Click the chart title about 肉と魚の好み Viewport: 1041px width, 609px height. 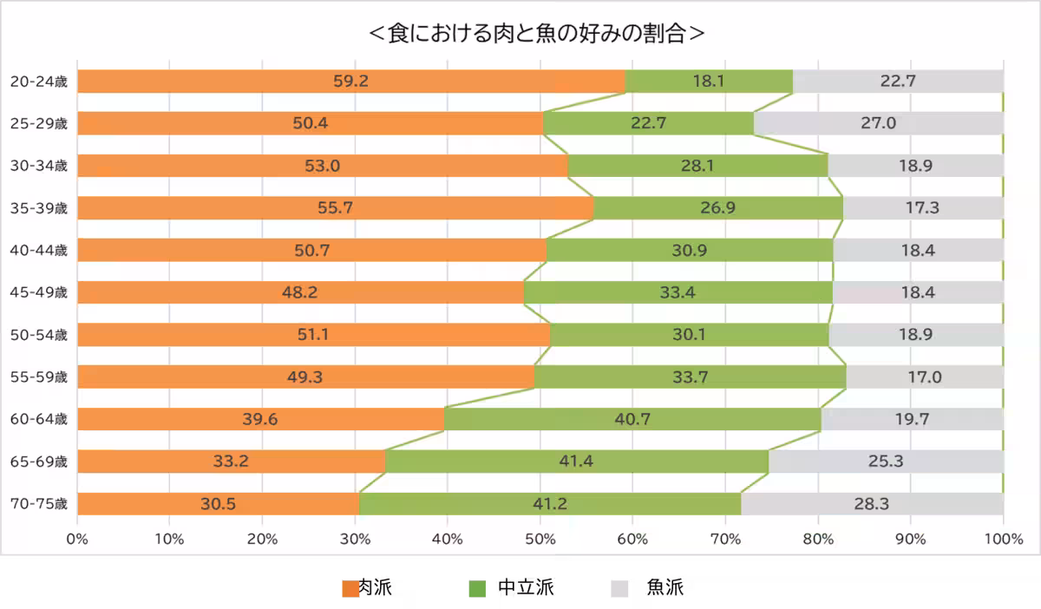[536, 34]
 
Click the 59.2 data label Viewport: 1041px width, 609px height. [351, 82]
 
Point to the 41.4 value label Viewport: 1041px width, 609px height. [576, 462]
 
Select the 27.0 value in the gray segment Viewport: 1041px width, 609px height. [878, 123]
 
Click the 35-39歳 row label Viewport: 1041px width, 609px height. [38, 208]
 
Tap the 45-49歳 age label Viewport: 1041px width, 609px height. [38, 292]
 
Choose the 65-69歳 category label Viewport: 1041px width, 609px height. [38, 462]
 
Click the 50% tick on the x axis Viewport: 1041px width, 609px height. [540, 540]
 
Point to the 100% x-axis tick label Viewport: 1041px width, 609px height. [1004, 540]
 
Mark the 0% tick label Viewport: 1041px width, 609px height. [77, 540]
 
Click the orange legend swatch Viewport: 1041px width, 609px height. [350, 589]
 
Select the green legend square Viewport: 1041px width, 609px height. [477, 589]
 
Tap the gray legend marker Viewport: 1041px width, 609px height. [619, 589]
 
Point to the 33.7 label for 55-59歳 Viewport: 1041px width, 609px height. [691, 377]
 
